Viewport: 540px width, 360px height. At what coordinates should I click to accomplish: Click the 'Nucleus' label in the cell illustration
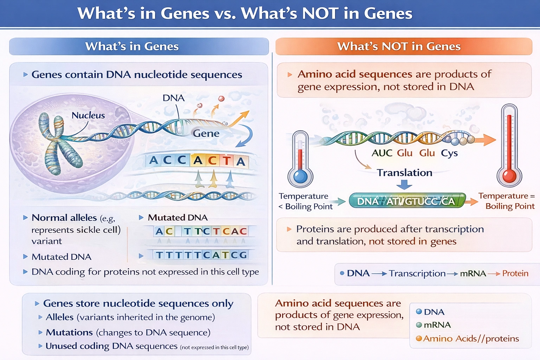click(88, 115)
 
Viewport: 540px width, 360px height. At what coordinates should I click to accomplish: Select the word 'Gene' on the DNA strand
click(206, 134)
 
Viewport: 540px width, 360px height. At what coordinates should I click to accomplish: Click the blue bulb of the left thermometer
click(300, 176)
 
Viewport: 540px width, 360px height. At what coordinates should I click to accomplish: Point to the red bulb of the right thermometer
click(509, 175)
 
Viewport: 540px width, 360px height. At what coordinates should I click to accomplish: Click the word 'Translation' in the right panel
click(404, 173)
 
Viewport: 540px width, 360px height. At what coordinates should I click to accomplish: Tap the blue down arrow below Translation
click(404, 185)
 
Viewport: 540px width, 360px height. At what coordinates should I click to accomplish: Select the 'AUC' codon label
click(382, 153)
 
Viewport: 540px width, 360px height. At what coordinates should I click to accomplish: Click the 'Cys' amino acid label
click(449, 153)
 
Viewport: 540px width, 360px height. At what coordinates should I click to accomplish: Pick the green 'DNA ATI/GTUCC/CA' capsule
click(407, 201)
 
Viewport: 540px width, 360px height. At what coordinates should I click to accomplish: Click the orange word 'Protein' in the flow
click(515, 274)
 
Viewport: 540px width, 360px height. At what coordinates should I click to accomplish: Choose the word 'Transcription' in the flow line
click(417, 274)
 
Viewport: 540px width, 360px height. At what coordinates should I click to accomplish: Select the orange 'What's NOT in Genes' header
click(404, 46)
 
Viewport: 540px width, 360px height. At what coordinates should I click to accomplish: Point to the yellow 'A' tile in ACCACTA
click(198, 160)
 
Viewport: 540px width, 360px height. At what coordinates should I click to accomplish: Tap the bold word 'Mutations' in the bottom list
click(69, 332)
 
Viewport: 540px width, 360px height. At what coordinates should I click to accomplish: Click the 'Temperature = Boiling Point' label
click(506, 201)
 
